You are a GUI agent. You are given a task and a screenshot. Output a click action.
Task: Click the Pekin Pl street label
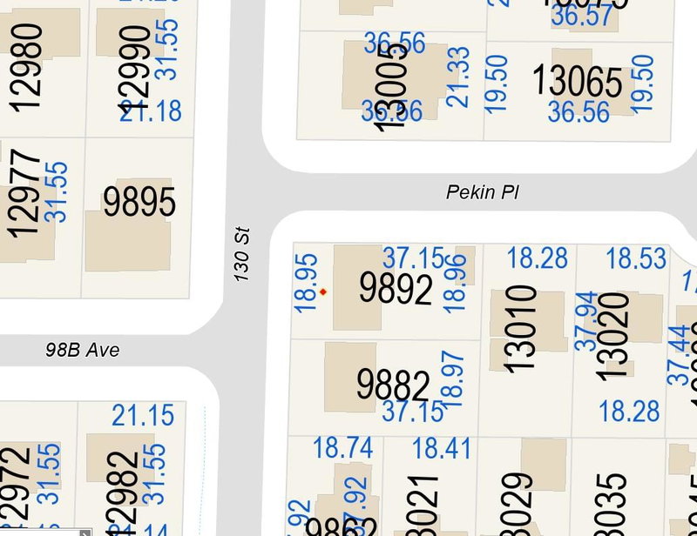pyautogui.click(x=482, y=192)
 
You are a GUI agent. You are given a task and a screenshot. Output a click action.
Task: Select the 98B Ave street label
pyautogui.click(x=83, y=351)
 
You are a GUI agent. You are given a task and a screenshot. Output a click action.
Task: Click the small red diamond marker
pyautogui.click(x=323, y=292)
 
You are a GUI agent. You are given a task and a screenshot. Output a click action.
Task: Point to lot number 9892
pyautogui.click(x=396, y=289)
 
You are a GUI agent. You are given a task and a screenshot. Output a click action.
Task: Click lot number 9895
pyautogui.click(x=139, y=202)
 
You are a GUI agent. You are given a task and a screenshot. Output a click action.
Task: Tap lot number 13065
pyautogui.click(x=578, y=83)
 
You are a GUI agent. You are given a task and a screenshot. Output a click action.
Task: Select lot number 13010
pyautogui.click(x=520, y=329)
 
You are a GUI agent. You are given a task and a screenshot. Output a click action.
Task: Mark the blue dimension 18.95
pyautogui.click(x=306, y=284)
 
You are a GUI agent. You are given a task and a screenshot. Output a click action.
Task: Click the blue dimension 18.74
pyautogui.click(x=342, y=448)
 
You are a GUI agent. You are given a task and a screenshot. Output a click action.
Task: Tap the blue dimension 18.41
pyautogui.click(x=441, y=448)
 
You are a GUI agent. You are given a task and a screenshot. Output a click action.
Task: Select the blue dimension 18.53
pyautogui.click(x=636, y=258)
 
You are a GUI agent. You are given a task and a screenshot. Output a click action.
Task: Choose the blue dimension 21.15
pyautogui.click(x=143, y=416)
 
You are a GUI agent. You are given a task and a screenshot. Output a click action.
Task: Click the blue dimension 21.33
pyautogui.click(x=458, y=77)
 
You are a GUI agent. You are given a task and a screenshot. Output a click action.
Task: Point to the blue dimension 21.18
pyautogui.click(x=151, y=111)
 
